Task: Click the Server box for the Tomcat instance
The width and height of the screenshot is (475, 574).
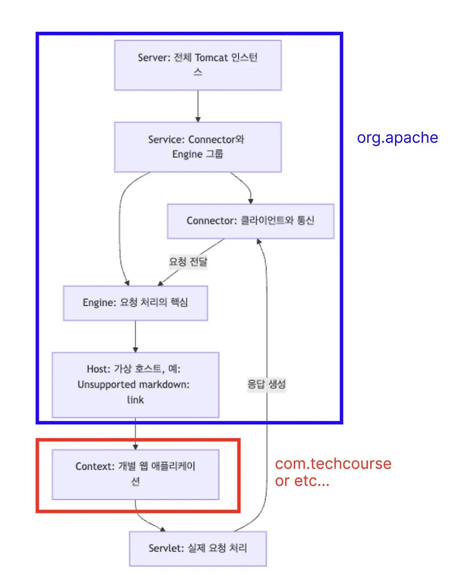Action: point(198,65)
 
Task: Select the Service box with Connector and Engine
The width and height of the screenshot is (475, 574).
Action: point(198,147)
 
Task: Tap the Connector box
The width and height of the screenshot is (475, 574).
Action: point(251,221)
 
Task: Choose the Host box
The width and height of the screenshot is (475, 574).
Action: point(135,384)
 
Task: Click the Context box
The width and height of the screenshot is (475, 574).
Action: point(135,474)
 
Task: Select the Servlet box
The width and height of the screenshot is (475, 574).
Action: point(198,548)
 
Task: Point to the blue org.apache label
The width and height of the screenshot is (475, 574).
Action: point(397,138)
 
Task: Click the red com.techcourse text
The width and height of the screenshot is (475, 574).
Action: point(333,464)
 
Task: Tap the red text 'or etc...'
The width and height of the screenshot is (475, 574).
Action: point(302,481)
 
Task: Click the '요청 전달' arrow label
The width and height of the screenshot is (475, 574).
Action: point(188,261)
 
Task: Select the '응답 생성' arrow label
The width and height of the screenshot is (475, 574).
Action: point(267,384)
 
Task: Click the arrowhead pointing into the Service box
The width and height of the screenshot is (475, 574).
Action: point(198,118)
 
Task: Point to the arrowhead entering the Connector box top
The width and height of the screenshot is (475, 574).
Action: point(251,201)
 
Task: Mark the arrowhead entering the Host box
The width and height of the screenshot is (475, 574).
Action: point(135,348)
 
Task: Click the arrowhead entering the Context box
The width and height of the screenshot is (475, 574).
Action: point(135,446)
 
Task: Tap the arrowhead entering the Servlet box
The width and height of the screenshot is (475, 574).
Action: point(164,528)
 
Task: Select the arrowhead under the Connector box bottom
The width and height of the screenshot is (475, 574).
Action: point(260,242)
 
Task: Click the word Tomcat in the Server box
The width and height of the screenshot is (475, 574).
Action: point(205,58)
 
